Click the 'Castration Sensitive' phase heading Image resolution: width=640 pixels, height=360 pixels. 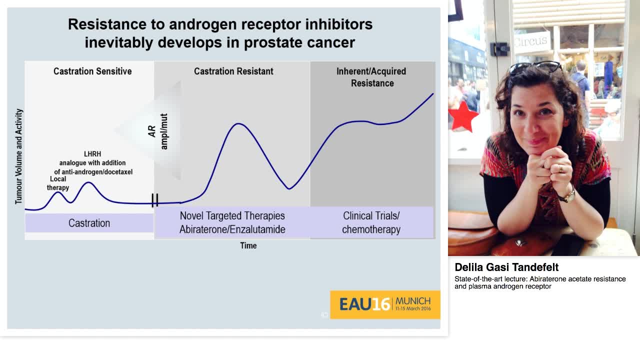(x=92, y=71)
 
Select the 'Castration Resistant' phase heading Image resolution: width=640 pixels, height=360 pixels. (x=233, y=71)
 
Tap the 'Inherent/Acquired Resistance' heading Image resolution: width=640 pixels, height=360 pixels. (x=371, y=77)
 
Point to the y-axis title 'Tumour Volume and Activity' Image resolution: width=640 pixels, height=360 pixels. (x=19, y=156)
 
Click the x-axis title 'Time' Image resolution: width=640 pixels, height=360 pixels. (x=248, y=245)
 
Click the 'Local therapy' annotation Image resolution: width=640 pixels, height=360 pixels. (x=58, y=183)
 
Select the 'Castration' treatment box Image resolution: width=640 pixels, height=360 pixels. (x=89, y=223)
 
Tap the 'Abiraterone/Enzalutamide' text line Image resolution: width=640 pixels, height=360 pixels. (x=232, y=229)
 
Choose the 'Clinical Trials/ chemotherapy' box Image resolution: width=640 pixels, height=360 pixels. (x=371, y=222)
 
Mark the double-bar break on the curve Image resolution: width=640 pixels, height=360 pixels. (x=155, y=200)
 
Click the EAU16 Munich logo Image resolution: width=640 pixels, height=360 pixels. (x=385, y=304)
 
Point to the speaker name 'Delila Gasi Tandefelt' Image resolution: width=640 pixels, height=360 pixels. (x=506, y=267)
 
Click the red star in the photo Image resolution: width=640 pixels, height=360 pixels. (x=463, y=116)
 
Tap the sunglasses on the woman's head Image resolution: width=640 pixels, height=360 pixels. (x=535, y=66)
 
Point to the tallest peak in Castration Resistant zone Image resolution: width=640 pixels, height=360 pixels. (x=239, y=123)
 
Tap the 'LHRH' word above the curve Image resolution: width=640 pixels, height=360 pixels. (x=92, y=154)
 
